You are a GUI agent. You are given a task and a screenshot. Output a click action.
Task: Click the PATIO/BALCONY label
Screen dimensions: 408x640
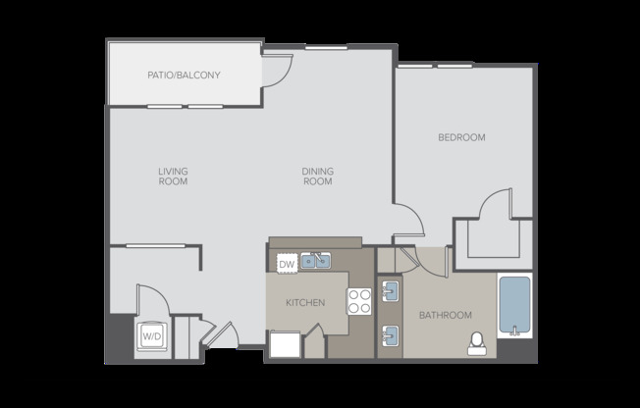184,75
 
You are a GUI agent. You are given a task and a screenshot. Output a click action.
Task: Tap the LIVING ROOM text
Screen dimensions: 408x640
173,176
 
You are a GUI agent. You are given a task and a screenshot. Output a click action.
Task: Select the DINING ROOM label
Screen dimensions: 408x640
317,176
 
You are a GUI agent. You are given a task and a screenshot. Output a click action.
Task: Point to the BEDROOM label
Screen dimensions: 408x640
461,137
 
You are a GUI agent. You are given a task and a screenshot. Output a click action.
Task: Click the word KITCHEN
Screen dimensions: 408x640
305,303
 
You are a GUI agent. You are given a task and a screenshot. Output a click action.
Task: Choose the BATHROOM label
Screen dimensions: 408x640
446,316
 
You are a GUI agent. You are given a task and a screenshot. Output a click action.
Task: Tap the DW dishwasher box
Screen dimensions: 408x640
287,264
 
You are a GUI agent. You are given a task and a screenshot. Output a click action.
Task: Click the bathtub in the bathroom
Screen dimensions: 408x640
514,305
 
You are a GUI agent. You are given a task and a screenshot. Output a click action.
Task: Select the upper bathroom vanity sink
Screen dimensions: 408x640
389,291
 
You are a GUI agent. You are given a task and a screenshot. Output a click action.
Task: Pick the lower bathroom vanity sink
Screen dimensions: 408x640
389,333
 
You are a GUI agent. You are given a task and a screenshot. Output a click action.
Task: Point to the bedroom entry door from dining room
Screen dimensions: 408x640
410,220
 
